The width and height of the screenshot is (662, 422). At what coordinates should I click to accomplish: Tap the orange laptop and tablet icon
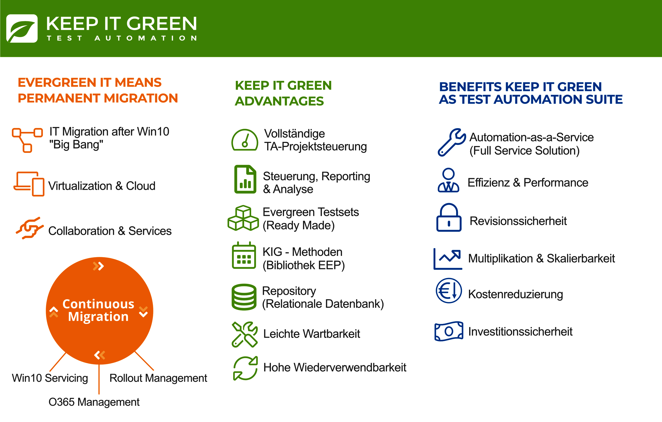click(29, 184)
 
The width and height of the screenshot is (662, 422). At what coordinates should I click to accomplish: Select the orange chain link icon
click(29, 228)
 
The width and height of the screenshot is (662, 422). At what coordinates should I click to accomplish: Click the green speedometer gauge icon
click(245, 140)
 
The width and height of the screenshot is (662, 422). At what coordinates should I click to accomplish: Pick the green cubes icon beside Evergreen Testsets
click(243, 218)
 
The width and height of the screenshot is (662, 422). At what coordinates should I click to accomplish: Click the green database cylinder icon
click(244, 297)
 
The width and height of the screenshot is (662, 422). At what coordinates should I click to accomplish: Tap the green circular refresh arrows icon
click(245, 368)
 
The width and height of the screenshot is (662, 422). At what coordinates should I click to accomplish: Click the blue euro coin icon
click(449, 291)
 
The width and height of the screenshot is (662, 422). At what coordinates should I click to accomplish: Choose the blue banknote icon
click(449, 331)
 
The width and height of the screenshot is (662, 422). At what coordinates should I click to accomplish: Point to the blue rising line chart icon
click(448, 259)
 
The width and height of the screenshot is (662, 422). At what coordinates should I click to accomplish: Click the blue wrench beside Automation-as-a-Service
click(451, 142)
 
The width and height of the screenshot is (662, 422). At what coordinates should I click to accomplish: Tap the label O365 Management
click(94, 402)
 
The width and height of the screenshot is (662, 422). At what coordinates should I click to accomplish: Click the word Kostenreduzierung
click(515, 294)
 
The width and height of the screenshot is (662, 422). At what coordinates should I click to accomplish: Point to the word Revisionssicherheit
click(518, 221)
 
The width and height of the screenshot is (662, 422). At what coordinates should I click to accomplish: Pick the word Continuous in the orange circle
click(98, 304)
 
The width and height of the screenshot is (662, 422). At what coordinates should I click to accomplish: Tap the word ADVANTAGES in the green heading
click(279, 101)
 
